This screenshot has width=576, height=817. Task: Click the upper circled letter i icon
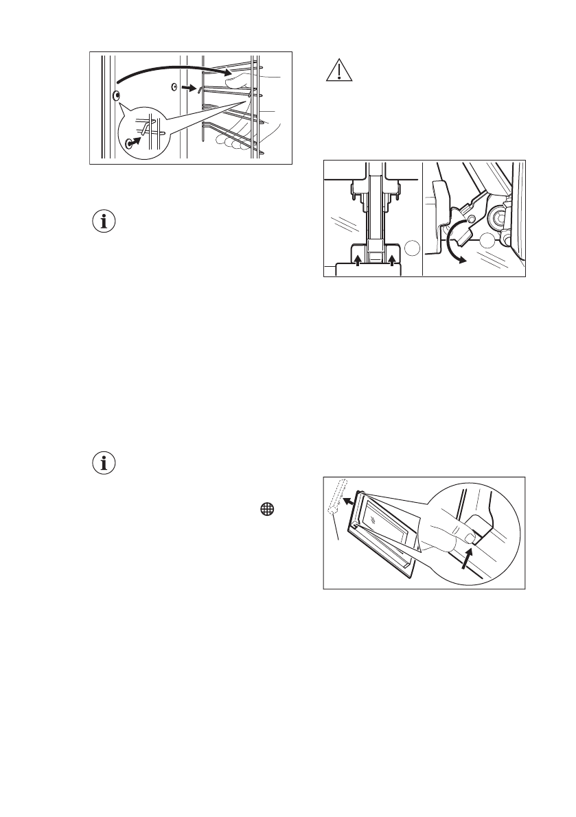pos(104,222)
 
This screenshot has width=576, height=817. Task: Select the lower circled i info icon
pos(104,463)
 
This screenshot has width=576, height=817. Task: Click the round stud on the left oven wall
pos(117,95)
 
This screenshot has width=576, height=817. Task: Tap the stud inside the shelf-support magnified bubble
pos(129,144)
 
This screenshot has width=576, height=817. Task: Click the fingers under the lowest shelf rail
pos(230,143)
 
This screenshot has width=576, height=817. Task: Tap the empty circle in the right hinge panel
pos(488,240)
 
